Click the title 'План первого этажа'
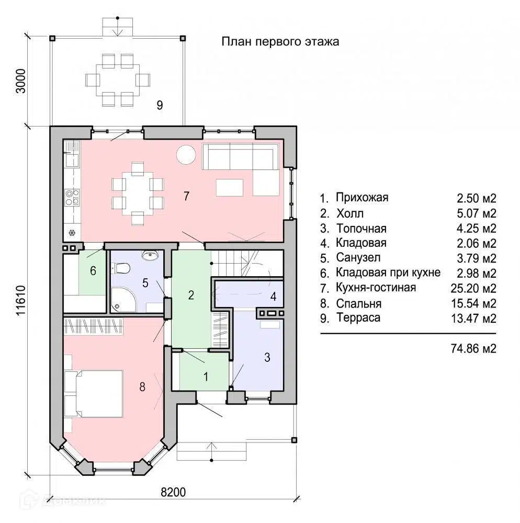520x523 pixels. [280, 42]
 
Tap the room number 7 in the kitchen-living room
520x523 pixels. [186, 196]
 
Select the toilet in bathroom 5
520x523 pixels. [121, 268]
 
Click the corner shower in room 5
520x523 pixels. [123, 300]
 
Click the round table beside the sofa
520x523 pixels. [186, 154]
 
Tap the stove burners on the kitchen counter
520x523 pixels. [72, 197]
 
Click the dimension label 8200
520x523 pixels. [173, 492]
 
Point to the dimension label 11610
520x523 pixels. [20, 300]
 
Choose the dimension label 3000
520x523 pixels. [20, 81]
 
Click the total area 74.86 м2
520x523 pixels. [473, 348]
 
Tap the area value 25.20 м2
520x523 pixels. [473, 288]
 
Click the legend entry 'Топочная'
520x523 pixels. [361, 229]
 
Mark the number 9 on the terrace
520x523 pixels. [160, 105]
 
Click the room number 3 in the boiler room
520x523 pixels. [267, 357]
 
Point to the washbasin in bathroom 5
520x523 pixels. [150, 256]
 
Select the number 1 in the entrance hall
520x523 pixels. [206, 377]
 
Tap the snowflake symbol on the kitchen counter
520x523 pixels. [72, 233]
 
